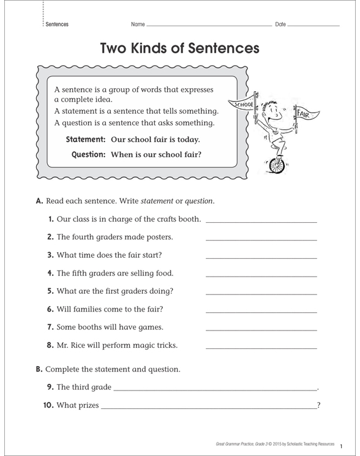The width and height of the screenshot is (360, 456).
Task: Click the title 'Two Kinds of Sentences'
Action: [179, 48]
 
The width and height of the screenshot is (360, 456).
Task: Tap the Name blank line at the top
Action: [208, 26]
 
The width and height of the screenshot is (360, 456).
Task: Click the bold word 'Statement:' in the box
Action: [86, 140]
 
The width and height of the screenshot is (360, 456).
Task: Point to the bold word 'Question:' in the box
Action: [89, 154]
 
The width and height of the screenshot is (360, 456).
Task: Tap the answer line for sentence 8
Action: [261, 348]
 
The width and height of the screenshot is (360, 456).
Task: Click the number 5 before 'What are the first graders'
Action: [50, 291]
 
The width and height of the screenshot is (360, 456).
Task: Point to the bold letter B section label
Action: [39, 369]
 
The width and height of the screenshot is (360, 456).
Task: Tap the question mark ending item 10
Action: [319, 405]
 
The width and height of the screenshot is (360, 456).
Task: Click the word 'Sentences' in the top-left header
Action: [56, 24]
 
